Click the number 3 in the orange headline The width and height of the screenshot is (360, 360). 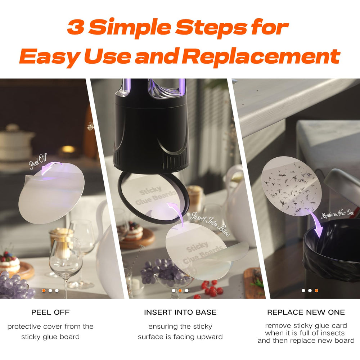[x=75, y=27]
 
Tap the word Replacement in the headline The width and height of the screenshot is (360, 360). [x=261, y=56]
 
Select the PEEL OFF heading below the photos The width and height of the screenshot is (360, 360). [x=50, y=312]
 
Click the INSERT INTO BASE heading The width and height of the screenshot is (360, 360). [x=180, y=312]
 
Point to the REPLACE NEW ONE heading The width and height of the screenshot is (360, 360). [x=306, y=312]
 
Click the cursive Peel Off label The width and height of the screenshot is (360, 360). [x=38, y=161]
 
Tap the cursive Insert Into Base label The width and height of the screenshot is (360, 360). [x=210, y=224]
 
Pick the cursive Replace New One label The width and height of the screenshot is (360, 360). [x=338, y=214]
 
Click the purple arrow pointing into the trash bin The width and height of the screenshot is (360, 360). [x=316, y=224]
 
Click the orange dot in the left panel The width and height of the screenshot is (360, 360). [x=44, y=291]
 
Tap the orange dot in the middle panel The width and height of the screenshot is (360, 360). [x=180, y=291]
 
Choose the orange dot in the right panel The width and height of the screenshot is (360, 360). [x=316, y=291]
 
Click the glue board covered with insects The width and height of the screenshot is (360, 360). [x=291, y=186]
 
